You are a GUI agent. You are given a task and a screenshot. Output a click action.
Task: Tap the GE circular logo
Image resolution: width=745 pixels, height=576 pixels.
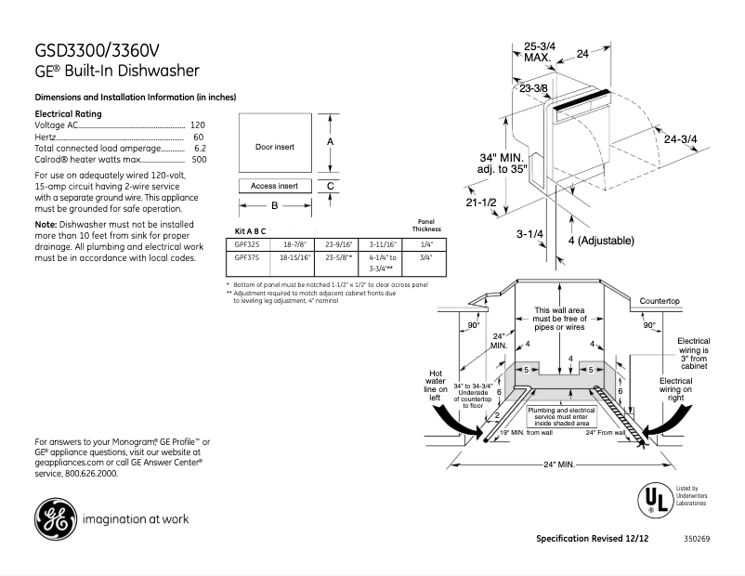coord(55,518)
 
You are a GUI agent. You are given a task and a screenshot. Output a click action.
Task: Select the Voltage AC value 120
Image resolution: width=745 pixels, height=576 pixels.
coord(197,124)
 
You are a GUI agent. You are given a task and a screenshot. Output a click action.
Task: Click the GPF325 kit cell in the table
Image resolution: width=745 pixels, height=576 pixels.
coord(242,244)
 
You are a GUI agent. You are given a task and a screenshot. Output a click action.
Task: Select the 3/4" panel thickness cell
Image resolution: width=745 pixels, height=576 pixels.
coord(427,257)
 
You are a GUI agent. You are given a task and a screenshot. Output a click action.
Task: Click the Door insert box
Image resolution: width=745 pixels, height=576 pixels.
coord(274,147)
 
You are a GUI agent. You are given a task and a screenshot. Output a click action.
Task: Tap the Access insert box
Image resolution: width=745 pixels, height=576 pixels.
coord(274,186)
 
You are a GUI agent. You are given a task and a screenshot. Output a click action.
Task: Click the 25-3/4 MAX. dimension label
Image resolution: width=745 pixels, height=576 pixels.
coord(539,51)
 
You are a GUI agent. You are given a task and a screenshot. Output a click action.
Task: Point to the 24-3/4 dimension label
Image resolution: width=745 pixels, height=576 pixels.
coord(681,138)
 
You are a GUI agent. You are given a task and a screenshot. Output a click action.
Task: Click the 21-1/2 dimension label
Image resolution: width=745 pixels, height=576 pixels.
coord(481,202)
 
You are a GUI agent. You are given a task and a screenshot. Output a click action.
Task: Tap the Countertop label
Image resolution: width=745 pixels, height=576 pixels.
coord(660,301)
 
